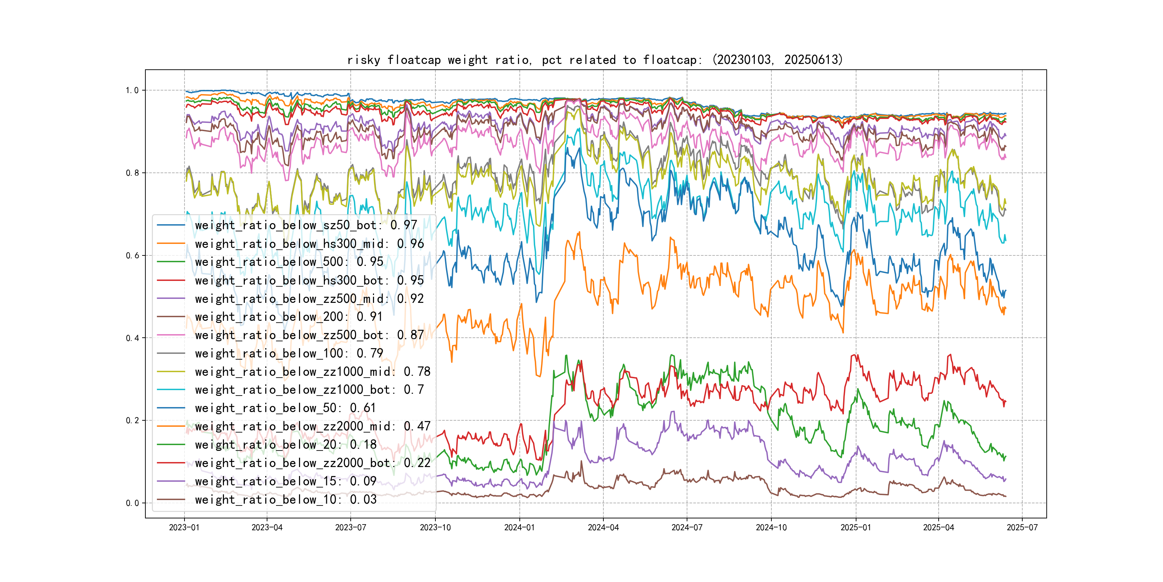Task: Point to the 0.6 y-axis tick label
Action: point(132,255)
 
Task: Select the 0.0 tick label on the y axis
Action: point(132,503)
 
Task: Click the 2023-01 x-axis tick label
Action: point(184,527)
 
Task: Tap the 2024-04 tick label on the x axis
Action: point(603,527)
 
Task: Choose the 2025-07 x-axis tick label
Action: point(1022,527)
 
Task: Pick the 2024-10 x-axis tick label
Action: point(771,527)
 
